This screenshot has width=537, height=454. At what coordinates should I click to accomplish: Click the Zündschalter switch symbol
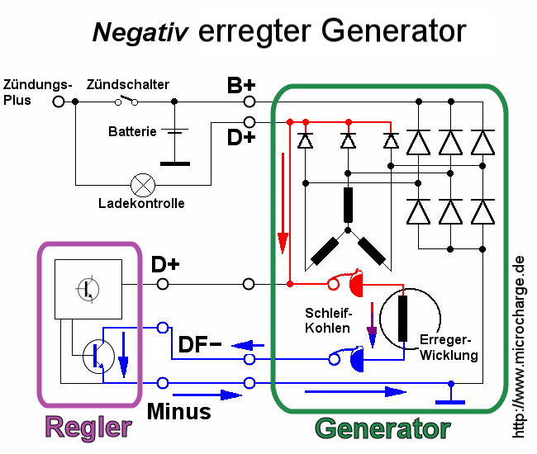point(126,101)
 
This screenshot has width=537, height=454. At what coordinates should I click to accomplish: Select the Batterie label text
point(132,131)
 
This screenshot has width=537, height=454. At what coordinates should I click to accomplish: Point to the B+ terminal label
point(241,85)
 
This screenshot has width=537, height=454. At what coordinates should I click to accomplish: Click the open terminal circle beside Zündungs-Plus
point(58,102)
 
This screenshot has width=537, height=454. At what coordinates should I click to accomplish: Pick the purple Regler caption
point(88,428)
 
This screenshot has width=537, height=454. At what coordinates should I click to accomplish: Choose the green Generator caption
point(383,429)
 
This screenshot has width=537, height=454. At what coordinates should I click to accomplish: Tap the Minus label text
point(178,409)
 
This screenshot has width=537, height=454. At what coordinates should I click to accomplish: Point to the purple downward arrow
point(371,334)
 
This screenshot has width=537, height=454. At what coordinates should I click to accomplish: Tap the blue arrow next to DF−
point(247,345)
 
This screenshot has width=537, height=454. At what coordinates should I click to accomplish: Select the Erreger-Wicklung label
point(449,348)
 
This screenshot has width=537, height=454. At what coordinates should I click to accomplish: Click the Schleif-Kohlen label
point(328,321)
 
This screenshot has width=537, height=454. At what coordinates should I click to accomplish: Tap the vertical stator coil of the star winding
point(348,205)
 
